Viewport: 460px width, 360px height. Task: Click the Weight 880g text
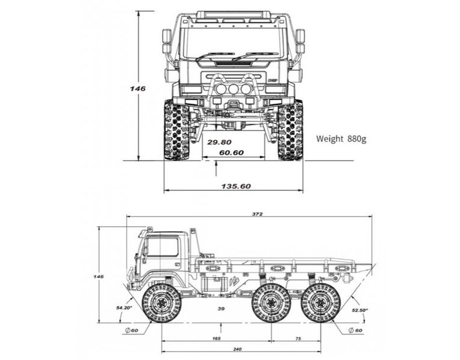click(x=341, y=139)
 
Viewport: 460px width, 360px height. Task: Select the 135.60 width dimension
click(x=235, y=186)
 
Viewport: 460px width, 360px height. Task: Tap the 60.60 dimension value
click(x=231, y=153)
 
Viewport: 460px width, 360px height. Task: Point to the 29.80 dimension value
click(x=219, y=142)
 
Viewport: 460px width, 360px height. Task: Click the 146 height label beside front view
click(x=138, y=88)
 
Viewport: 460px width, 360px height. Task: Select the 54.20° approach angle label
click(x=124, y=308)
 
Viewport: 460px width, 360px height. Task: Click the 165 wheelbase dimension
click(x=216, y=339)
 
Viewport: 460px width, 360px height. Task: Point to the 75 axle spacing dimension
click(x=298, y=339)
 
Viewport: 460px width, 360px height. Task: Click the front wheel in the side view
click(x=162, y=303)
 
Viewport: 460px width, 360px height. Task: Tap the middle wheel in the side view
click(x=271, y=303)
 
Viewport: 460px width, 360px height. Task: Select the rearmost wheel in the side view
click(x=321, y=303)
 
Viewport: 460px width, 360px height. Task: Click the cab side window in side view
click(x=163, y=247)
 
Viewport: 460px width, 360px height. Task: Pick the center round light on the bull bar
click(x=233, y=89)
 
